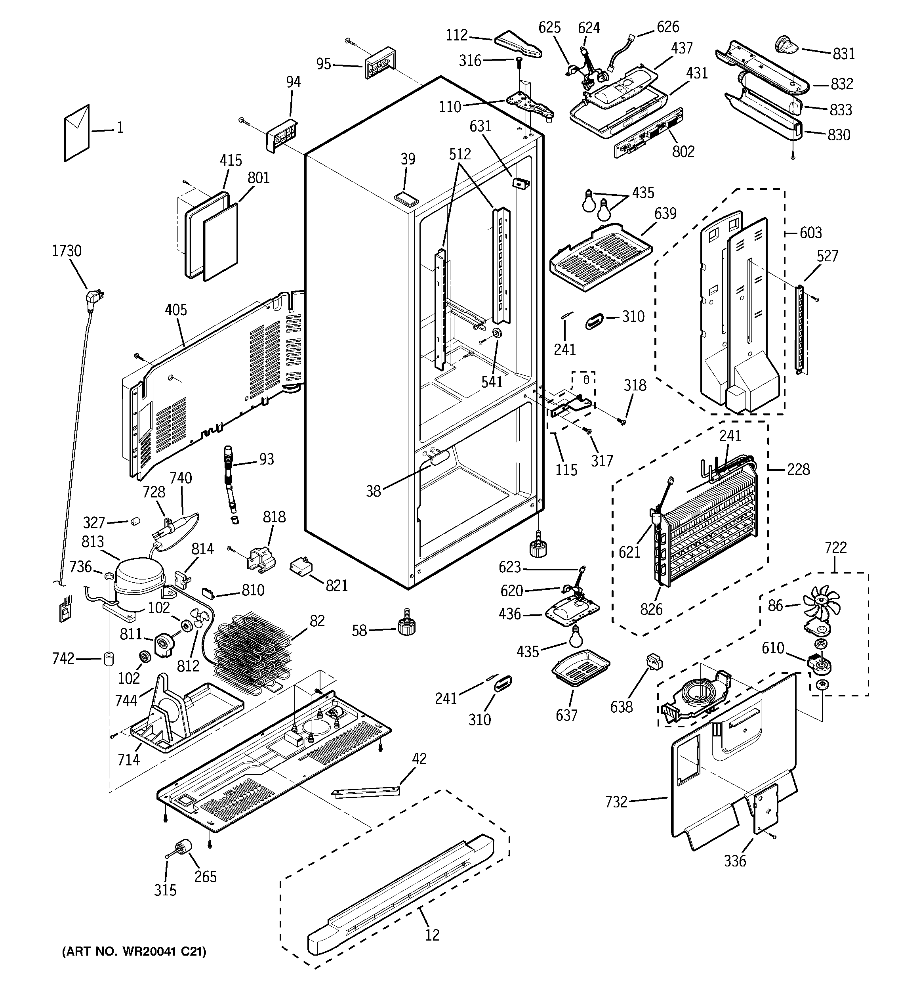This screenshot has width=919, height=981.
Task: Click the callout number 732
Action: click(616, 802)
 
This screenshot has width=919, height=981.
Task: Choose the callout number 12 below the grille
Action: click(432, 935)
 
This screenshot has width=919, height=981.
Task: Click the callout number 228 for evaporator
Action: click(798, 469)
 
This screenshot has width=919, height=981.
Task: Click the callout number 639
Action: click(665, 214)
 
